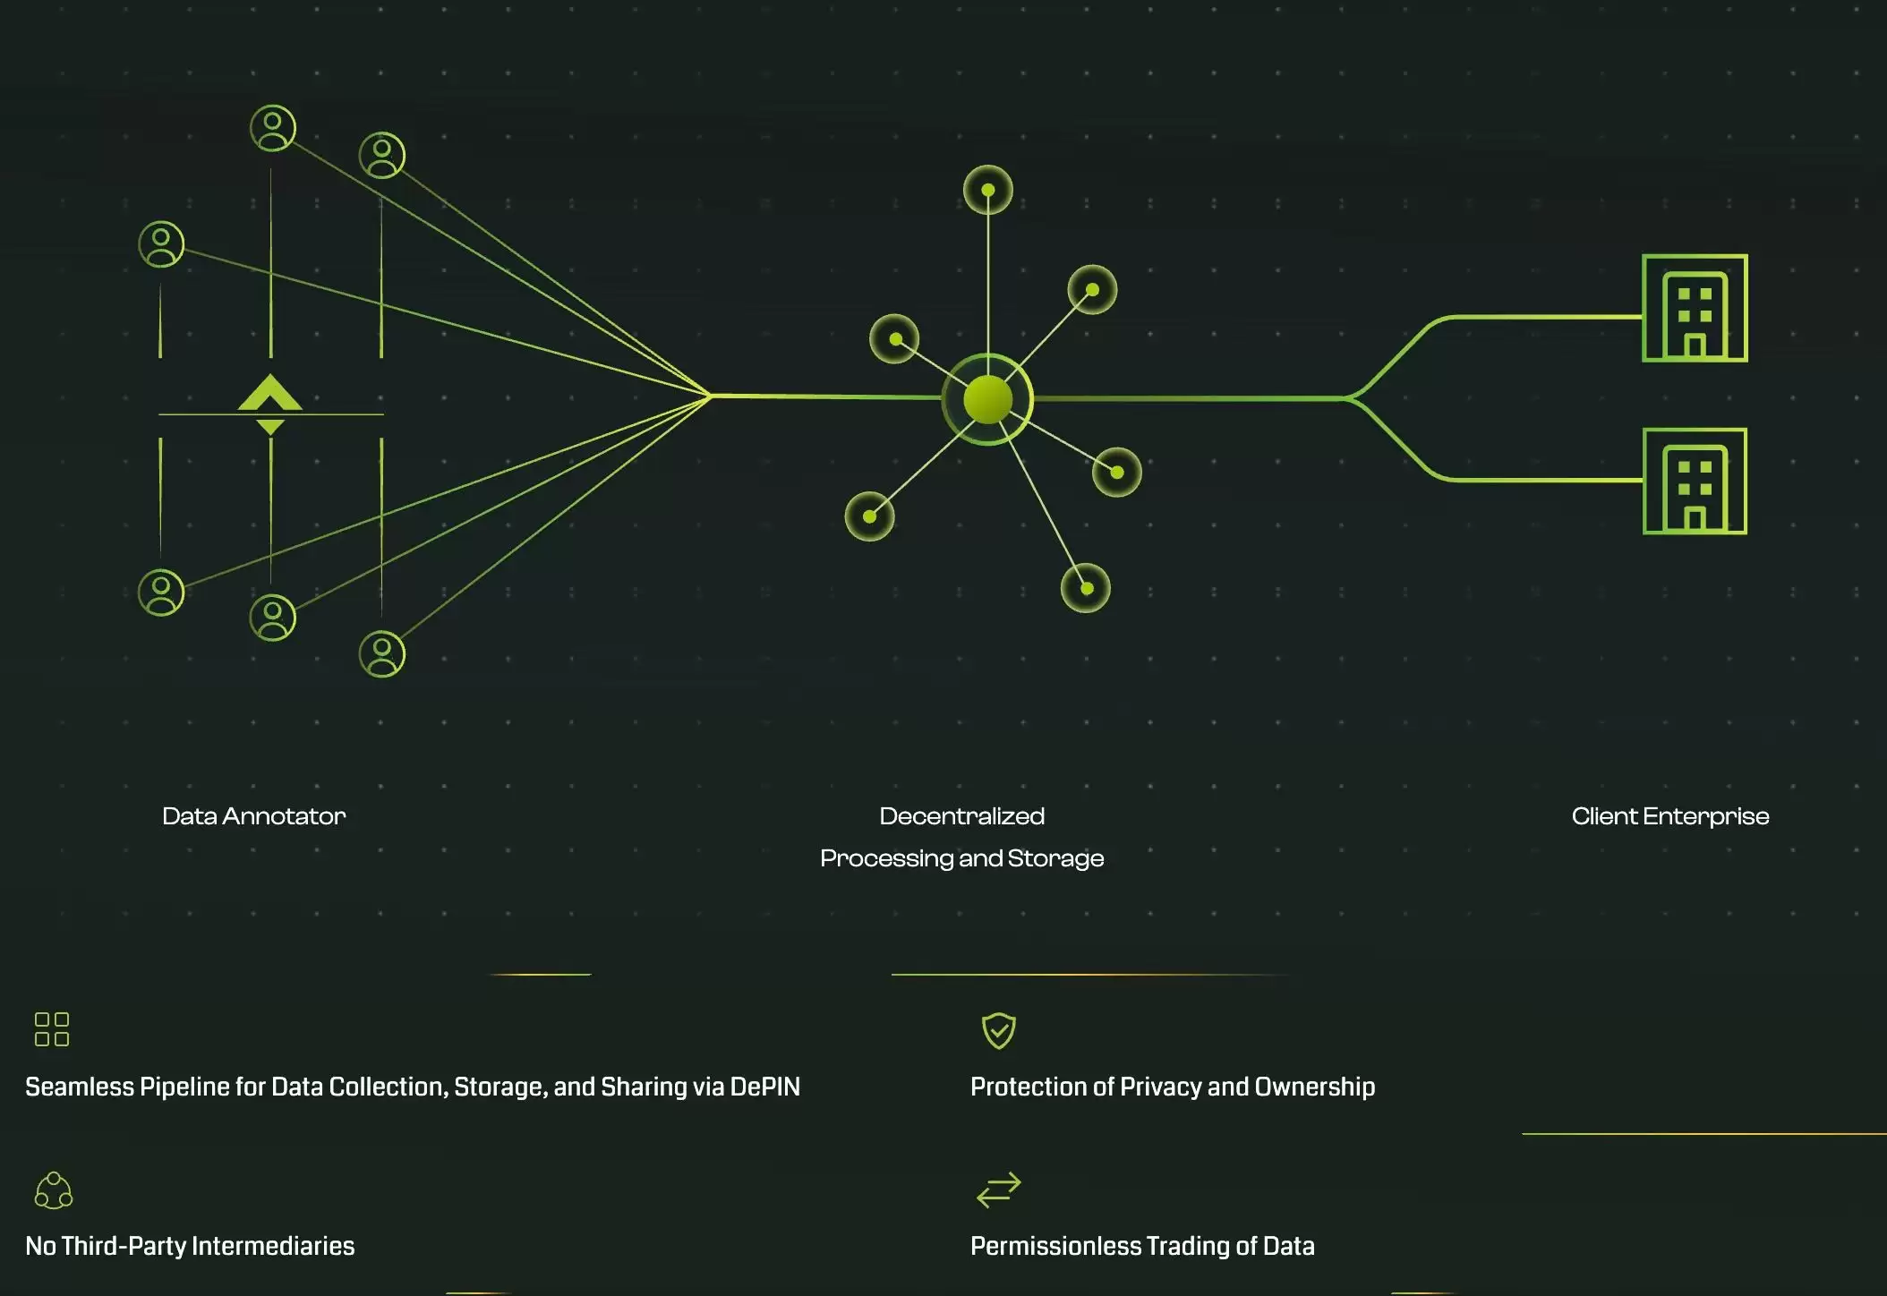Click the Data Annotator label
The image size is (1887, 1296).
tap(253, 816)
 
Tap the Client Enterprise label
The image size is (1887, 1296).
tap(1669, 816)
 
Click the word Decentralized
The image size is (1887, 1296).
tap(961, 816)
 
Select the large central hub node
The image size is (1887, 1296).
tap(987, 399)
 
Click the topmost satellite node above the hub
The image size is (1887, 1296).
tap(987, 190)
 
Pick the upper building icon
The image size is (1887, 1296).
tap(1695, 309)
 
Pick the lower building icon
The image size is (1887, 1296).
tap(1695, 482)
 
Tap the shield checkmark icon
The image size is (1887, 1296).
tap(998, 1030)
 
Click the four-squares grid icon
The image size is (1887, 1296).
tap(52, 1029)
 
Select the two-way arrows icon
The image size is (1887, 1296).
tap(998, 1189)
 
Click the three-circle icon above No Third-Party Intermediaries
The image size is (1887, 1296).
tap(54, 1190)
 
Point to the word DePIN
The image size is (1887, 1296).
tap(764, 1087)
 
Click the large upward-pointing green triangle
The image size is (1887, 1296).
tap(269, 393)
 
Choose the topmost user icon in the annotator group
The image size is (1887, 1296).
tap(273, 128)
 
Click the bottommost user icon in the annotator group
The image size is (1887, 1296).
tap(382, 653)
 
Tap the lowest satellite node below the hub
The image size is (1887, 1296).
tap(1086, 588)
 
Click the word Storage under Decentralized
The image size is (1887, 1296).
tap(1055, 858)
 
